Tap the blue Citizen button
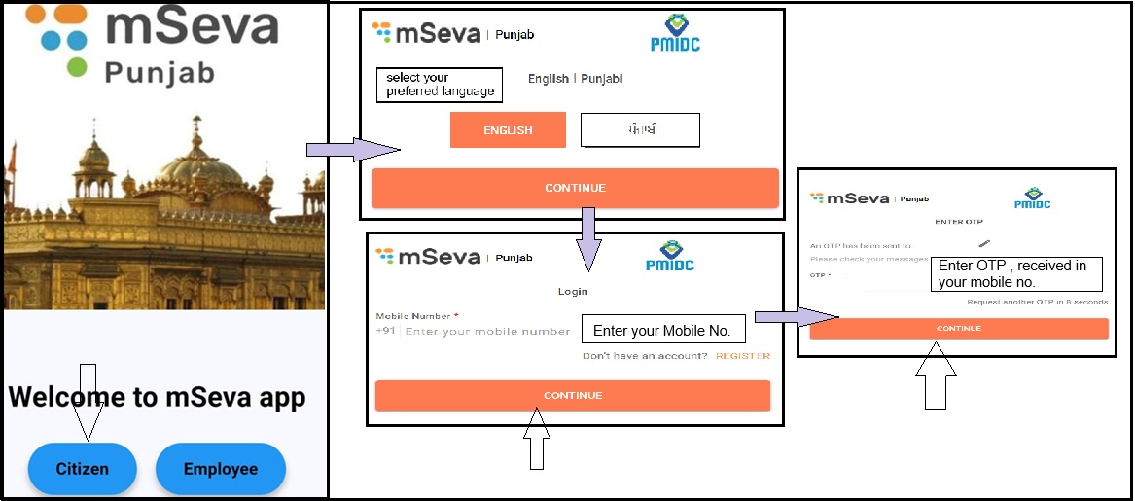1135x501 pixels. pyautogui.click(x=82, y=469)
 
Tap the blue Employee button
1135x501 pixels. pyautogui.click(x=221, y=469)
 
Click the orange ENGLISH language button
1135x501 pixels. pyautogui.click(x=508, y=130)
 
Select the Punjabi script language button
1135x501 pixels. pyautogui.click(x=640, y=130)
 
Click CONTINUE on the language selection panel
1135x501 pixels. pyautogui.click(x=575, y=188)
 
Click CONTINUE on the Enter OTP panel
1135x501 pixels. pyautogui.click(x=958, y=329)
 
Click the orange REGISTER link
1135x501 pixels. pyautogui.click(x=743, y=356)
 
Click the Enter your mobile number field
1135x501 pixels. pyautogui.click(x=486, y=332)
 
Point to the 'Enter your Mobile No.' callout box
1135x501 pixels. pyautogui.click(x=662, y=331)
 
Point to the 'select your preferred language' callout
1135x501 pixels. pyautogui.click(x=440, y=85)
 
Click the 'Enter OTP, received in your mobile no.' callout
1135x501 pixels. pyautogui.click(x=1016, y=273)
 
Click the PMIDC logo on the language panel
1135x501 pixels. pyautogui.click(x=675, y=33)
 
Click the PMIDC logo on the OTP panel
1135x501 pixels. pyautogui.click(x=1033, y=197)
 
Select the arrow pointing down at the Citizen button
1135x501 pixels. pyautogui.click(x=88, y=401)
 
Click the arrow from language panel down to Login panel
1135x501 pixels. pyautogui.click(x=586, y=237)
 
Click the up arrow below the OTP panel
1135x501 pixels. pyautogui.click(x=936, y=379)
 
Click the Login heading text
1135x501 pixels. pyautogui.click(x=573, y=291)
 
